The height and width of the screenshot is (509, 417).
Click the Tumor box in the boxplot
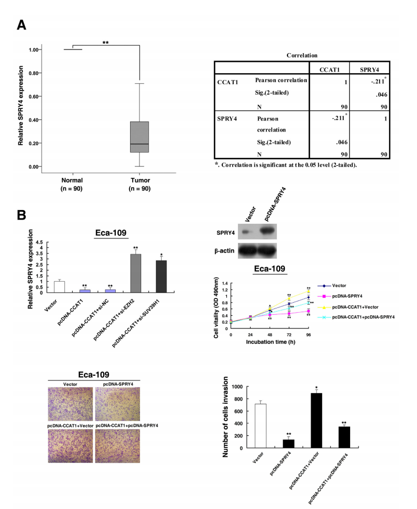140,137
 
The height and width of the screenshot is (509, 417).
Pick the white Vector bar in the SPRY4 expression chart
59,287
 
